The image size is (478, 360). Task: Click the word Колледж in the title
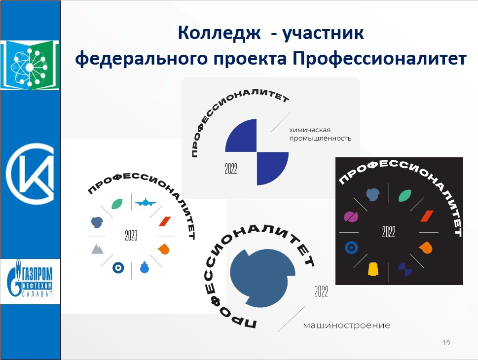[x=219, y=33]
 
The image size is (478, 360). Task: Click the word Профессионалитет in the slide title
[x=379, y=59]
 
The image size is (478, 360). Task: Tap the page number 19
[x=446, y=343]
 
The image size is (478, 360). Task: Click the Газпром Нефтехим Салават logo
[x=30, y=281]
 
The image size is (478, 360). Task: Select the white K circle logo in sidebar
[x=31, y=174]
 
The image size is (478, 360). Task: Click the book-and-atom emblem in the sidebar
[x=30, y=65]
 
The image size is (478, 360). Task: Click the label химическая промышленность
[x=320, y=134]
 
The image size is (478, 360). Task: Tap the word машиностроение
[x=347, y=325]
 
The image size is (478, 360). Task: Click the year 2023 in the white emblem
[x=131, y=235]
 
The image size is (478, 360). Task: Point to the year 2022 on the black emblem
[x=389, y=232]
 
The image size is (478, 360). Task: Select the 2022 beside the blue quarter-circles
[x=231, y=169]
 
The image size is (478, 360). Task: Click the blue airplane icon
[x=146, y=202]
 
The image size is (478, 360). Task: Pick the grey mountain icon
[x=97, y=249]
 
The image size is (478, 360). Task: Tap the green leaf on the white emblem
[x=117, y=204]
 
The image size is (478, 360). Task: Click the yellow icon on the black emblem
[x=373, y=269]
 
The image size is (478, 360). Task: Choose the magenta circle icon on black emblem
[x=351, y=216]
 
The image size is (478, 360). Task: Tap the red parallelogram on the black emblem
[x=427, y=216]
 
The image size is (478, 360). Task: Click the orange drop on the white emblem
[x=164, y=249]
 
